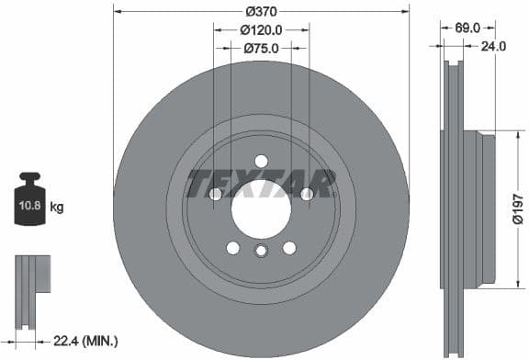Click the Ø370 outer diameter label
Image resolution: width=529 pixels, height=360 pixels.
[x=262, y=11]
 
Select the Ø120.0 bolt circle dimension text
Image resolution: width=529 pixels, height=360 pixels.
[x=262, y=29]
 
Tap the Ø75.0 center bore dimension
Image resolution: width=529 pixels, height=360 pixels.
[x=262, y=49]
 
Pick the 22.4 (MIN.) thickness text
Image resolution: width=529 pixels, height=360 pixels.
[x=86, y=341]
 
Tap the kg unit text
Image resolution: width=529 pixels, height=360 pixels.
[x=57, y=208]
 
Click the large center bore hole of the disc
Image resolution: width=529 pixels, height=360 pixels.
[x=261, y=209]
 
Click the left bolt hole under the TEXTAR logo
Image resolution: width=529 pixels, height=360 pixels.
[x=216, y=194]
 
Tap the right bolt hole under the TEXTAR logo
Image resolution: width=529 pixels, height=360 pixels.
[x=306, y=194]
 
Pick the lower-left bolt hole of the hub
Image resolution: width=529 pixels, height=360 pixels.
[x=233, y=248]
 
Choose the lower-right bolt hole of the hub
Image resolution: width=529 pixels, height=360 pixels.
[x=289, y=248]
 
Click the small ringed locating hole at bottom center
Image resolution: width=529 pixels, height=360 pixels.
[x=261, y=253]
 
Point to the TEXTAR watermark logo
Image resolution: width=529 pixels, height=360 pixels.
[x=261, y=183]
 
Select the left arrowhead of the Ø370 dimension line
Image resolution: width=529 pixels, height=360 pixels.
[x=117, y=11]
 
